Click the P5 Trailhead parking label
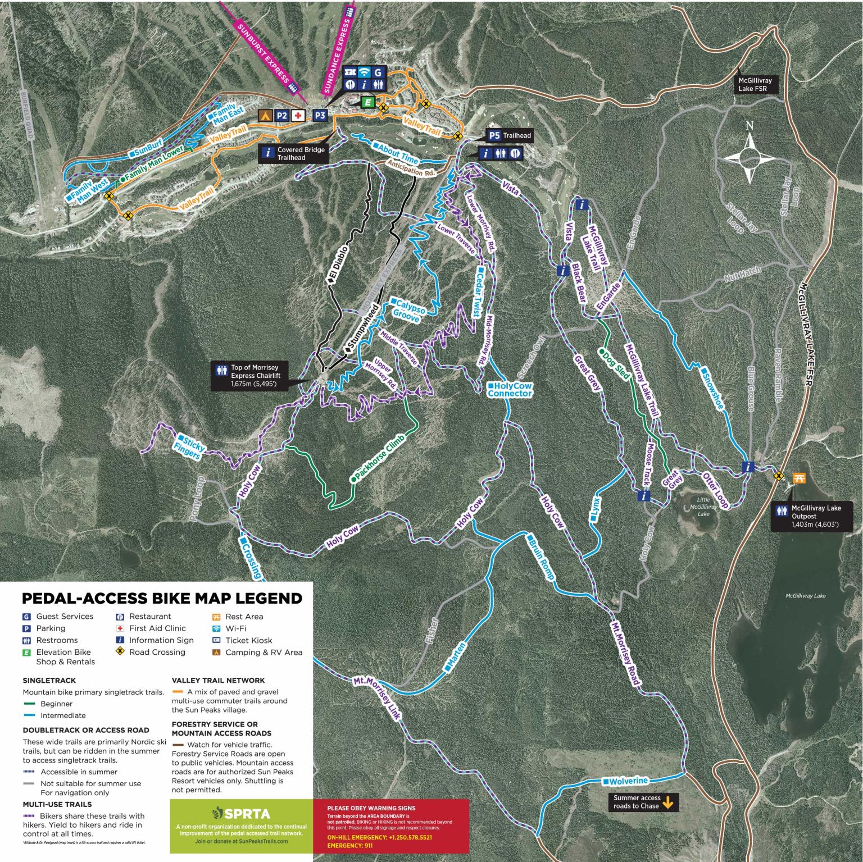(508, 135)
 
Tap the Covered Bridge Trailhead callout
(294, 154)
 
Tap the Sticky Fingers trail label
(190, 446)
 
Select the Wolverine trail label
(625, 781)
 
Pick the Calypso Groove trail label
(408, 308)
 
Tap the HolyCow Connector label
(509, 390)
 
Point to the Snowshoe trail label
(712, 388)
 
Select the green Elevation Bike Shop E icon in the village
(367, 102)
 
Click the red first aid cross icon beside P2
(297, 115)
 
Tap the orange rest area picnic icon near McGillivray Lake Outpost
(799, 478)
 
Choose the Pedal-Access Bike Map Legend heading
(162, 598)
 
